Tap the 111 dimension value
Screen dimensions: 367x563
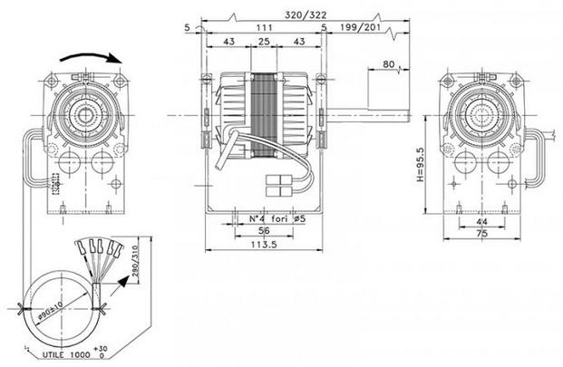point(266,29)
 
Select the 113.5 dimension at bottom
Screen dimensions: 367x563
point(264,246)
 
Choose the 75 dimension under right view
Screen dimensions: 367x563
point(482,233)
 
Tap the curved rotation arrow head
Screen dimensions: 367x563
point(115,59)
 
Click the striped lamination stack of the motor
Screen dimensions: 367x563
point(265,113)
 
